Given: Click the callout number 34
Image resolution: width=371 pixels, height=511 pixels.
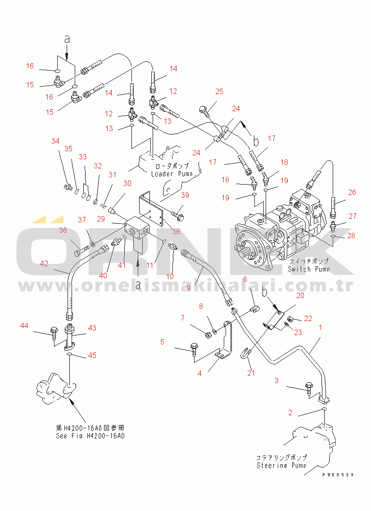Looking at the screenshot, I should (55, 141).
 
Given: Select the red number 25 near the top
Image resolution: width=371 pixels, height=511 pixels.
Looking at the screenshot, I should (219, 92).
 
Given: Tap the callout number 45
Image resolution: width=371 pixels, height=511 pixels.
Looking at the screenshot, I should (92, 355).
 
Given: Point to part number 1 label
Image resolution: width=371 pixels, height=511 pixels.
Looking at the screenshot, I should (320, 328).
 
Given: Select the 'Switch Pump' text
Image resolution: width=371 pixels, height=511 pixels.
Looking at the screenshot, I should (308, 269).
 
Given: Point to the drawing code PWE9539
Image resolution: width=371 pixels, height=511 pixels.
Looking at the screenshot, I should (338, 475).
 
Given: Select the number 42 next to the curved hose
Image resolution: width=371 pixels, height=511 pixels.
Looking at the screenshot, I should (44, 264).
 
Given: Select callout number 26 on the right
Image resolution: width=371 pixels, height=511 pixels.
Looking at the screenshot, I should (352, 192).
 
